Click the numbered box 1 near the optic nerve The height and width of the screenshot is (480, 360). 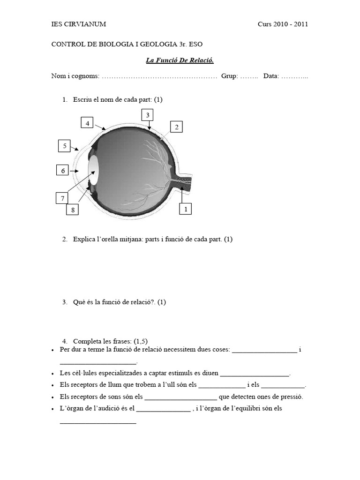point(186,209)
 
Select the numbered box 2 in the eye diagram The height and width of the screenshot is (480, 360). point(176,127)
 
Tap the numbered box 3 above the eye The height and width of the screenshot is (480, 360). point(147,115)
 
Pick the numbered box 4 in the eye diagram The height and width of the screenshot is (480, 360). point(87,123)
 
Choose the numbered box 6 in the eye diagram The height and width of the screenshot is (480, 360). point(62,171)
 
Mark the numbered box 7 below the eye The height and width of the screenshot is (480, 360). point(62,199)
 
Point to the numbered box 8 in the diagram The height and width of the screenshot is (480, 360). point(73,210)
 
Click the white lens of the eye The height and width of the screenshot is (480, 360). point(94,170)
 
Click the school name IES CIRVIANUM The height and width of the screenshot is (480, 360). point(78,24)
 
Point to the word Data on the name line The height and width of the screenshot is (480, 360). point(271,76)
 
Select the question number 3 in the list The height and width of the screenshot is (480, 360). point(64,302)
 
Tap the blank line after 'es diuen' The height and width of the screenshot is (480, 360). point(255,374)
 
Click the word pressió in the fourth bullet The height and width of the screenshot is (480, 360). point(291,397)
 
